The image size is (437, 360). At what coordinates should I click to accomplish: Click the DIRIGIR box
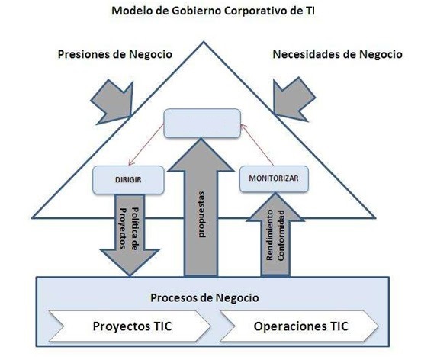(128, 180)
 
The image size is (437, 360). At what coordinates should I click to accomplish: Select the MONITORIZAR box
(274, 179)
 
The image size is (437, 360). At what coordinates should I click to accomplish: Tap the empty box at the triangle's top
(202, 123)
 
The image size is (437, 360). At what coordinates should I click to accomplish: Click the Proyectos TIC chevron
(130, 326)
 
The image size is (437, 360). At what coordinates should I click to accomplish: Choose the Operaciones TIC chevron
(300, 326)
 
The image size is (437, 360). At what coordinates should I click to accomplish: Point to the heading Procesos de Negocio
(204, 297)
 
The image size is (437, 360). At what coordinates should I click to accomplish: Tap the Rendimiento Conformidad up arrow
(275, 235)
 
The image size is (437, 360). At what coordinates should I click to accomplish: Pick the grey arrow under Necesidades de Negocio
(293, 99)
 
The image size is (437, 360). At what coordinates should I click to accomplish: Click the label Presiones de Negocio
(115, 54)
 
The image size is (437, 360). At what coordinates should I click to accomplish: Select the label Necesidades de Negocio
(338, 54)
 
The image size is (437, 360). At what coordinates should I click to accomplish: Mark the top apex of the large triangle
(204, 42)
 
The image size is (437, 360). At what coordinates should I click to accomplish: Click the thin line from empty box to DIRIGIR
(146, 145)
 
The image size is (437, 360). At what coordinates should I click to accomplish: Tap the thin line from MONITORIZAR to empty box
(257, 144)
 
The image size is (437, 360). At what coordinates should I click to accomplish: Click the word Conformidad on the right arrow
(281, 236)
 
